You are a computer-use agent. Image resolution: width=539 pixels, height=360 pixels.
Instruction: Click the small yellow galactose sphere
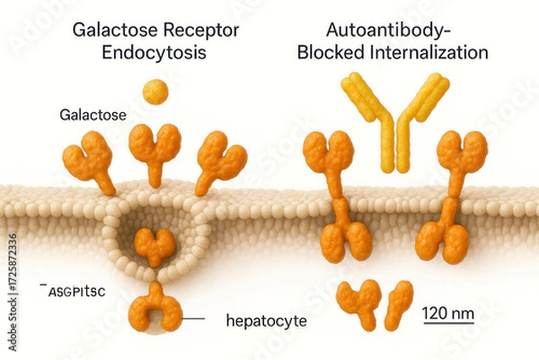click(x=155, y=91)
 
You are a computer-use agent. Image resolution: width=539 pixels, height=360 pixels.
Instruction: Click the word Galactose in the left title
click(x=104, y=30)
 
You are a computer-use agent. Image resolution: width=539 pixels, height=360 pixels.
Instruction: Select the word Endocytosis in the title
click(x=155, y=53)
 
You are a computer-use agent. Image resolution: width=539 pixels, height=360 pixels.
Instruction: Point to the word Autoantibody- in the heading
click(x=393, y=30)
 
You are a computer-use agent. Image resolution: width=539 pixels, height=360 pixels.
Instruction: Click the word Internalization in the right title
click(x=432, y=53)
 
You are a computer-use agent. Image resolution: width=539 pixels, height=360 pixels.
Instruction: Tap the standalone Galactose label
click(x=93, y=116)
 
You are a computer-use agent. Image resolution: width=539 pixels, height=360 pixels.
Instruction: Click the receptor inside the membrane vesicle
click(x=155, y=246)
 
